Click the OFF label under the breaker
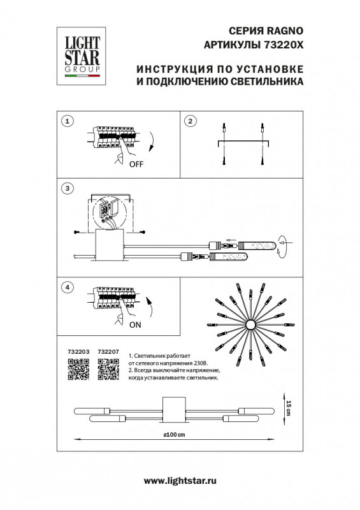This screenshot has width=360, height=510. point(136,164)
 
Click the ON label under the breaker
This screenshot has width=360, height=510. point(134,324)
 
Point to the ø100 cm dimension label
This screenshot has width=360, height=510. point(174,435)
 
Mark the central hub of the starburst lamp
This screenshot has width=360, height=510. point(251,325)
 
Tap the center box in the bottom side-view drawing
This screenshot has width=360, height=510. point(174,407)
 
